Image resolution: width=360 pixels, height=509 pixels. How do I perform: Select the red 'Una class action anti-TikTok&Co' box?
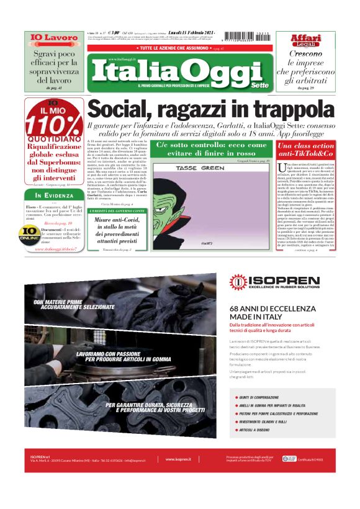[305, 150]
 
